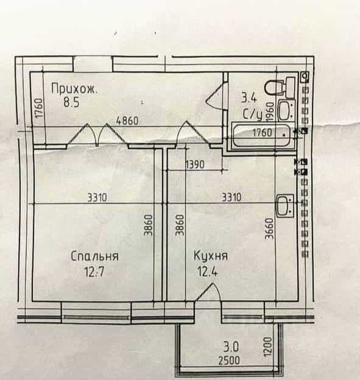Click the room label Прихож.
(74, 89)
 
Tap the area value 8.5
(71, 102)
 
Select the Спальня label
(95, 256)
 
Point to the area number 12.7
(94, 272)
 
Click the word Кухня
(211, 256)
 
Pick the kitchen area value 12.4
(208, 272)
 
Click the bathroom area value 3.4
(249, 99)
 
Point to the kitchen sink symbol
(285, 206)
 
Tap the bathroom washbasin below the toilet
(286, 110)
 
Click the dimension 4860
(127, 121)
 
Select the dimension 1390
(195, 165)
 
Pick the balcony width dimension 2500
(229, 361)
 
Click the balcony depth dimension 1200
(269, 347)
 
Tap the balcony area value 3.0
(231, 347)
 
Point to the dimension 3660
(269, 228)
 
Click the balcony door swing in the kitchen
(208, 292)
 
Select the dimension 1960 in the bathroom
(270, 111)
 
